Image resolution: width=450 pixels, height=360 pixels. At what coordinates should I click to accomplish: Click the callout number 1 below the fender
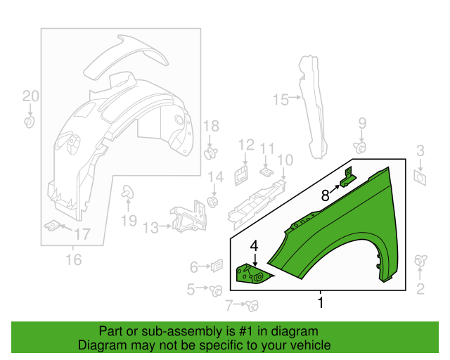[x=321, y=303]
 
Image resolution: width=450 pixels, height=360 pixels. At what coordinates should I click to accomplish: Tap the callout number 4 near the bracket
[x=254, y=246]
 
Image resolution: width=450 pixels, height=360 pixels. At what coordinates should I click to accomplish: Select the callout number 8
[x=324, y=195]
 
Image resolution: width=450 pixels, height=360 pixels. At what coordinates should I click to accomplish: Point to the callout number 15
[x=281, y=100]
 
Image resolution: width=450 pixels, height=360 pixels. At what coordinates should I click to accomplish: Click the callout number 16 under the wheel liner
[x=73, y=260]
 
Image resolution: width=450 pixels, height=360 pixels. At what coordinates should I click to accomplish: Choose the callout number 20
[x=30, y=96]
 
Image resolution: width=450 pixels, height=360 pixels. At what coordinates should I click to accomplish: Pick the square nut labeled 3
[x=420, y=176]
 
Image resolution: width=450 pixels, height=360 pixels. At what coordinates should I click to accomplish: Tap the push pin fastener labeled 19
[x=128, y=191]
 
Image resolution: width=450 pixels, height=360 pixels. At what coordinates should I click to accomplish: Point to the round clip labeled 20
[x=30, y=122]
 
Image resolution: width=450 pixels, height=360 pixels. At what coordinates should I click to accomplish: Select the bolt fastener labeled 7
[x=252, y=305]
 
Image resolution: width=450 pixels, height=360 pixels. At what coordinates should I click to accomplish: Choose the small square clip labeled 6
[x=217, y=266]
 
